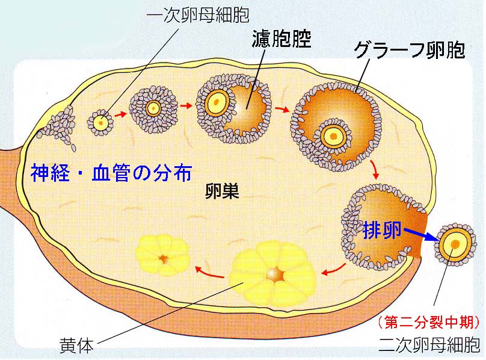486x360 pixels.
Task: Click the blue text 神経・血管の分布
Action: tap(111, 174)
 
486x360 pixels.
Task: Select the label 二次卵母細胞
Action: tap(429, 345)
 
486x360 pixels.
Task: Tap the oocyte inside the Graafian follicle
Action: tap(332, 136)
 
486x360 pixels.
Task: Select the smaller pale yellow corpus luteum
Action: tap(163, 258)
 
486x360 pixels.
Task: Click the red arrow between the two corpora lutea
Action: tap(211, 274)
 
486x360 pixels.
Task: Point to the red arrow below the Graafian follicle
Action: tap(376, 170)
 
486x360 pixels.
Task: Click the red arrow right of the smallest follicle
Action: tap(121, 113)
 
